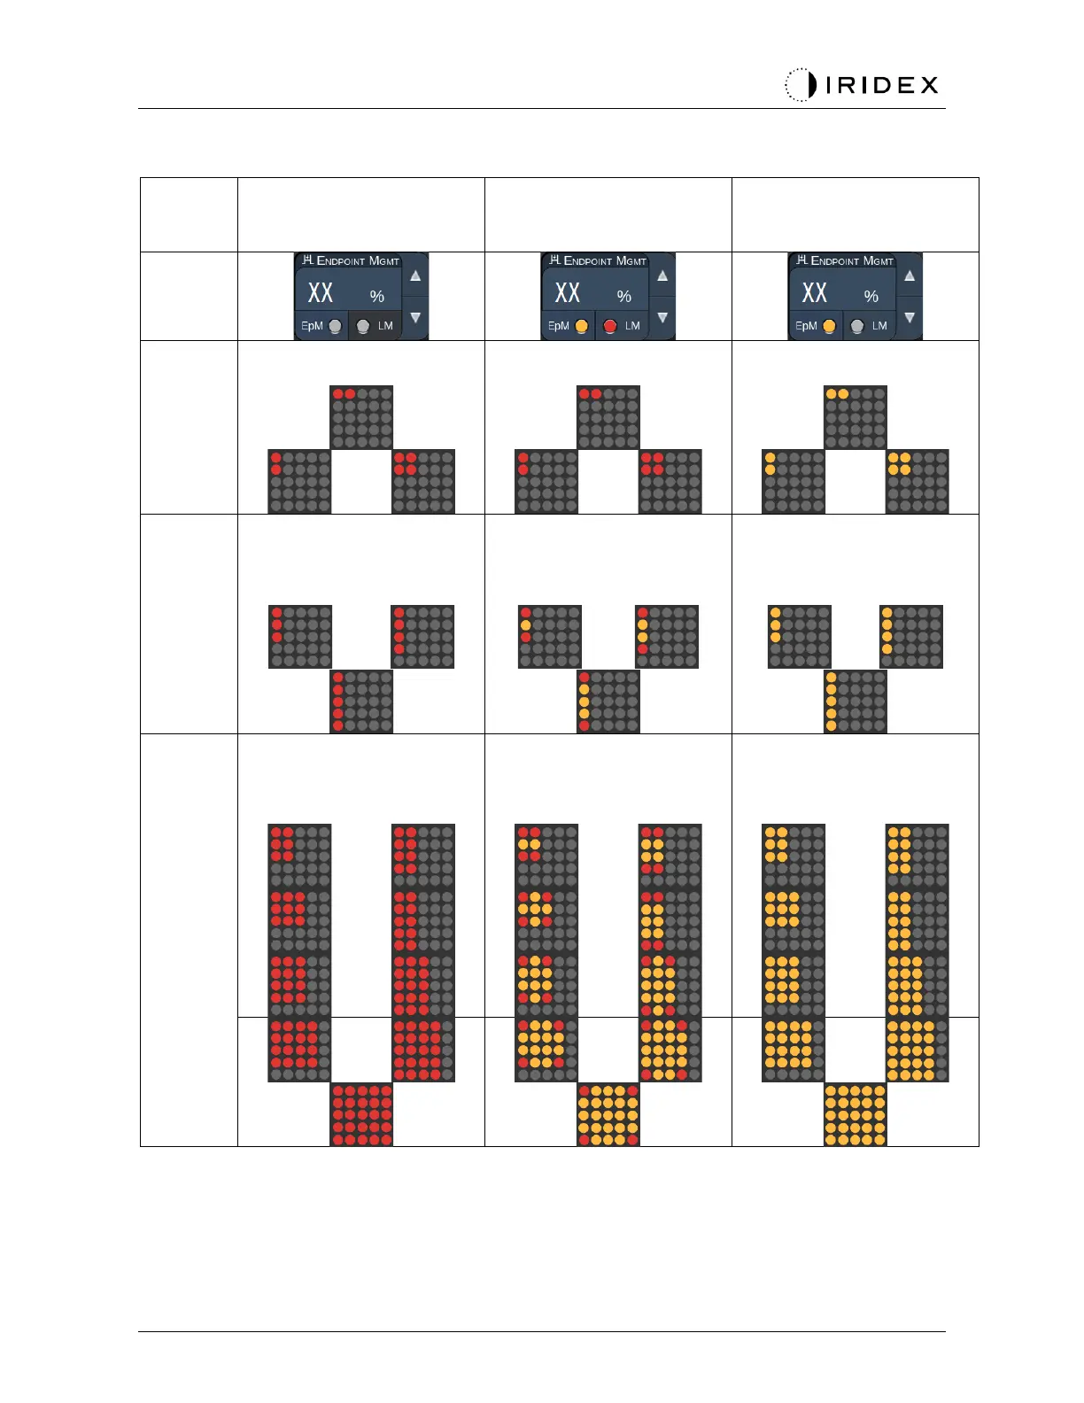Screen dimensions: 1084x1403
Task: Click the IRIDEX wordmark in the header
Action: (x=881, y=85)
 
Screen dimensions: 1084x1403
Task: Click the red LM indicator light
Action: (x=609, y=326)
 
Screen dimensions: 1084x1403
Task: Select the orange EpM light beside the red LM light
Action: (x=581, y=326)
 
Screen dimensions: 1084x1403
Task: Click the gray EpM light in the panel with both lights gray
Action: (x=335, y=326)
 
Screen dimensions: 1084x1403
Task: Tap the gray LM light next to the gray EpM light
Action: (x=362, y=326)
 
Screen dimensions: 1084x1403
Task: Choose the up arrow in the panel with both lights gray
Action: (x=415, y=275)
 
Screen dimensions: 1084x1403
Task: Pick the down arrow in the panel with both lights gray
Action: (x=415, y=317)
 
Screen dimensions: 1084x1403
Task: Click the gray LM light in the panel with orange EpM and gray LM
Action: (x=856, y=326)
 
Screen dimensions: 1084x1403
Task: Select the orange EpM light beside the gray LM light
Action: (x=829, y=326)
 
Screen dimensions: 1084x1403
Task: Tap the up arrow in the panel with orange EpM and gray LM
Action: (x=910, y=275)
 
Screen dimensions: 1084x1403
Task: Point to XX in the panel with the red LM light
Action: (x=567, y=292)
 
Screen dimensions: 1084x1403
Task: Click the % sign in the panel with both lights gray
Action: (x=377, y=296)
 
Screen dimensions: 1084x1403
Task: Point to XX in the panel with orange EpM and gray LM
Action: (x=814, y=292)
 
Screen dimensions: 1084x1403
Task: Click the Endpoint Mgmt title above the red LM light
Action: (x=605, y=260)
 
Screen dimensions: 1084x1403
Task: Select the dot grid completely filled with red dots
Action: (x=361, y=1114)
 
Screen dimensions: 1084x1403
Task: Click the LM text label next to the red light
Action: (x=632, y=326)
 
